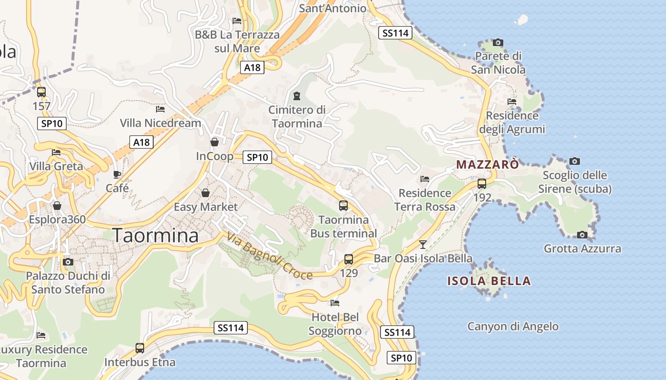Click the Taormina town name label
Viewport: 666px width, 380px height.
(x=156, y=235)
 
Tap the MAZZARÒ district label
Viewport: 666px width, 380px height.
(x=487, y=165)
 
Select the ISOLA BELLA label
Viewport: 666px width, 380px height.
(x=489, y=281)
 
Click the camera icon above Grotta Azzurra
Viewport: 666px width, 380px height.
(x=582, y=235)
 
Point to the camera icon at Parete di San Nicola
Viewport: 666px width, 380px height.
(x=498, y=43)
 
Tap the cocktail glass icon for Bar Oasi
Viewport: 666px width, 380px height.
(x=422, y=245)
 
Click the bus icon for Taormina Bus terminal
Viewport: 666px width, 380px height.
(x=343, y=206)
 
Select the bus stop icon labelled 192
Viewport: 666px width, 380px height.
(x=482, y=184)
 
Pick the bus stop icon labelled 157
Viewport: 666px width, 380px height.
(x=41, y=92)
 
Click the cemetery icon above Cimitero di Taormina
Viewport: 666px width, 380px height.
(x=297, y=96)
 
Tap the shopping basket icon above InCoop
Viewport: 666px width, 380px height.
(x=215, y=142)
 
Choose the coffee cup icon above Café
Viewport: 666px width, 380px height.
(x=117, y=174)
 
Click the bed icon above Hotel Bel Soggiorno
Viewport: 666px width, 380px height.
(x=335, y=303)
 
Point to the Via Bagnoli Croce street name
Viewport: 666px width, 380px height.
(x=270, y=256)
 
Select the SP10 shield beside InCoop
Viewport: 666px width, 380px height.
(x=257, y=157)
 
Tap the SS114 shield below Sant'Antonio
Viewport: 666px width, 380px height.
(x=395, y=33)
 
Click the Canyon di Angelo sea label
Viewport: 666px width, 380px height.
(x=513, y=327)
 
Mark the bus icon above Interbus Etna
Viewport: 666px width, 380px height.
(x=140, y=348)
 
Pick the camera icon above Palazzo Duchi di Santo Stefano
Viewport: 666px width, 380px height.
(x=68, y=262)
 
